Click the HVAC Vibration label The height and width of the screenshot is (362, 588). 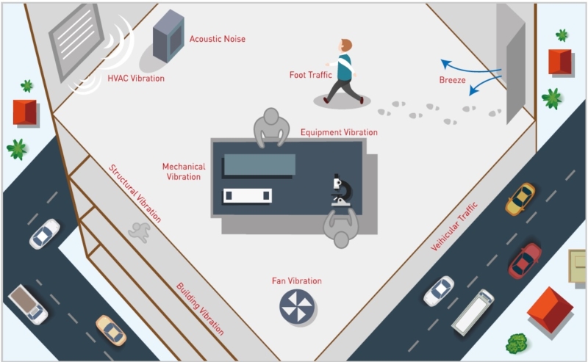[136, 78]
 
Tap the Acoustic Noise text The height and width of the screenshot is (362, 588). [217, 39]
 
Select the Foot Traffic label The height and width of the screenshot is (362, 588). [311, 74]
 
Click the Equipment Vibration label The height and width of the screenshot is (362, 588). [339, 133]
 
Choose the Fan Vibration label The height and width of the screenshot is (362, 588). [297, 281]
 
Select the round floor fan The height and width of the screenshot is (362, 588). [297, 305]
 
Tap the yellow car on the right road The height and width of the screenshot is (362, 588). [520, 198]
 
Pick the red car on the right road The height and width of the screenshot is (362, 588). [525, 260]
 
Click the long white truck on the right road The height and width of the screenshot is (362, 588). [473, 312]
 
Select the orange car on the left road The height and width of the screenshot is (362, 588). [111, 330]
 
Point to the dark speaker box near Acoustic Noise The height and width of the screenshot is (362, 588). [168, 37]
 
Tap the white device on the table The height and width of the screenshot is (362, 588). [247, 195]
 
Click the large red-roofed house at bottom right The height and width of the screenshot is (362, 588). [551, 309]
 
